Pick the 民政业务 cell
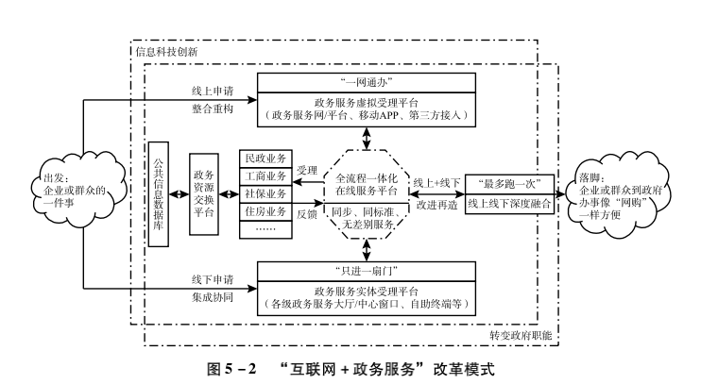(267, 157)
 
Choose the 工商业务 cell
(267, 175)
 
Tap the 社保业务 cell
(267, 193)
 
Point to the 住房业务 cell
(267, 212)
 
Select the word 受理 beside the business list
(307, 171)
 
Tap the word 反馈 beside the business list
(307, 216)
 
